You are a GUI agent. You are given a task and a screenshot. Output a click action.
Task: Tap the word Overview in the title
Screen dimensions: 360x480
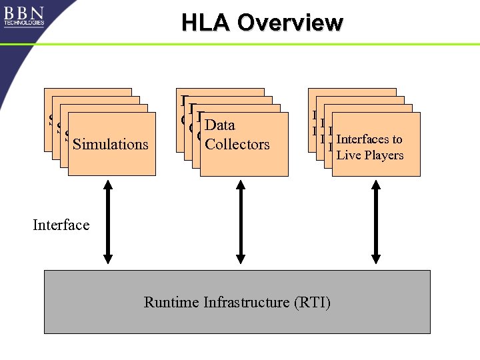pos(290,23)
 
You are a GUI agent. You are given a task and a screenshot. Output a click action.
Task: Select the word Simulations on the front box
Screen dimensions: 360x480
pos(111,144)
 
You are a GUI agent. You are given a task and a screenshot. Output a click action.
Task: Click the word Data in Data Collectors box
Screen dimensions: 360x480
pos(220,125)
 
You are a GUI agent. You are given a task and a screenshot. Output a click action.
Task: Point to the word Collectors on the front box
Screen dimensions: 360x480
pos(237,144)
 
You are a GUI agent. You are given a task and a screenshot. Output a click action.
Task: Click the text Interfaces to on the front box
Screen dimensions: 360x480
pos(369,139)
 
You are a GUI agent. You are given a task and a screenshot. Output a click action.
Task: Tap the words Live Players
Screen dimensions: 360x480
pos(370,155)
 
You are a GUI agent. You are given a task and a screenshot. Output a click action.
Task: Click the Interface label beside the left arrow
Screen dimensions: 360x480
pos(61,225)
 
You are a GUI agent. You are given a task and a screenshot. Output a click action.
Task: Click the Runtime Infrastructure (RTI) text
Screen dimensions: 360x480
pos(237,303)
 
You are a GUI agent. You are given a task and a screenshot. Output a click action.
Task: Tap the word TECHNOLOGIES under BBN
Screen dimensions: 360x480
pos(24,23)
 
